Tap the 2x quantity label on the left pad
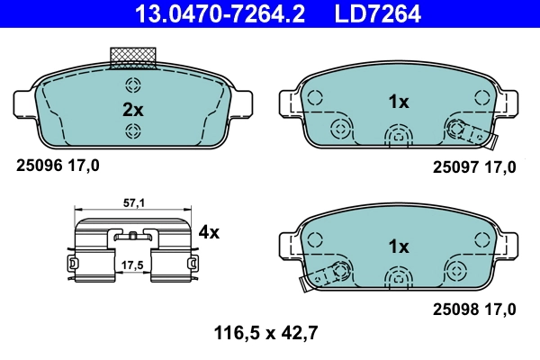[133, 110]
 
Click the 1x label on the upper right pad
[399, 103]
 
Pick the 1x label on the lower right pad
[399, 246]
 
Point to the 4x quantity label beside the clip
[209, 232]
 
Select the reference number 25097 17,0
[474, 166]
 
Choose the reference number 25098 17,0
[474, 309]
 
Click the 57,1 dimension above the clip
[134, 204]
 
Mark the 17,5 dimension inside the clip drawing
[133, 265]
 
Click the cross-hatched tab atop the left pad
[133, 58]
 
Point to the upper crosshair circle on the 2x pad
[133, 86]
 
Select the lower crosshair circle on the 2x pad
[133, 132]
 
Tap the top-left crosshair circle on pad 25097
[314, 95]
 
